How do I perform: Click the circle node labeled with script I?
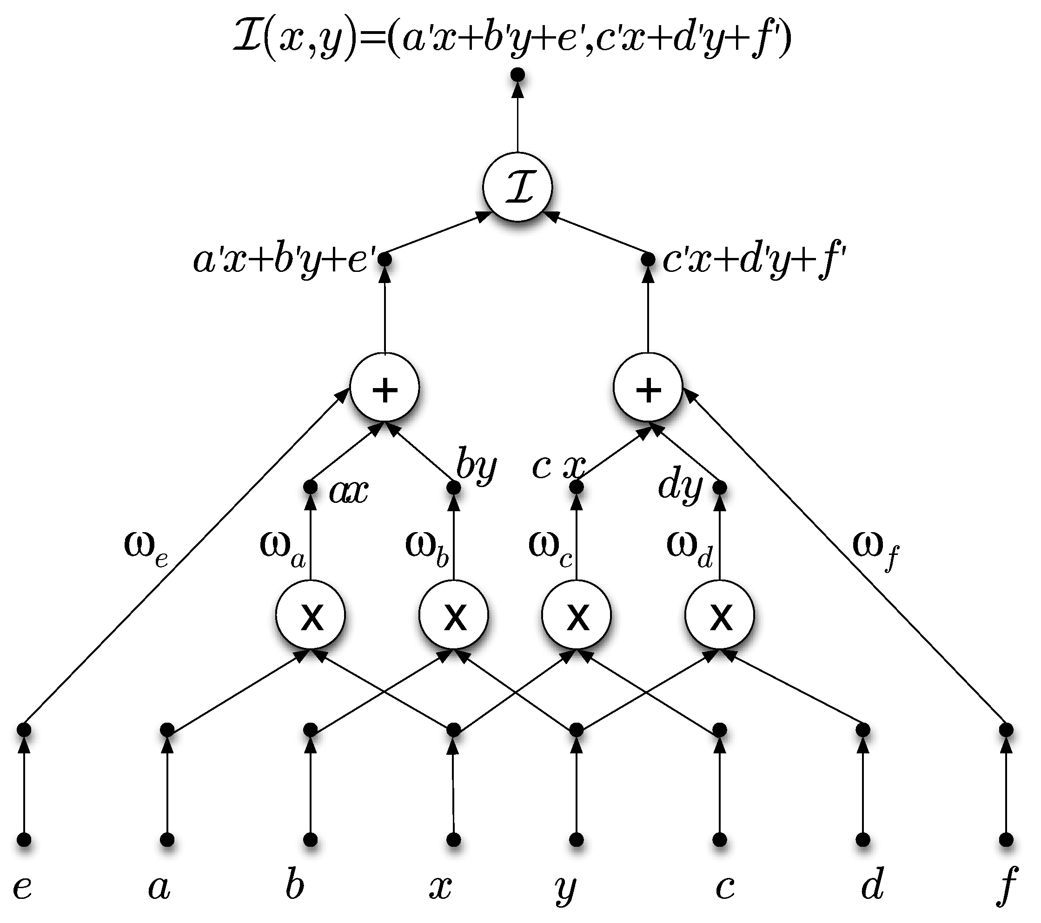[x=517, y=187]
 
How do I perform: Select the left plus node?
[x=385, y=388]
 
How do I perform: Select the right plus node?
[x=648, y=388]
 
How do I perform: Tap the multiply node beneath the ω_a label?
[x=311, y=614]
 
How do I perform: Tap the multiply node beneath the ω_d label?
[x=720, y=614]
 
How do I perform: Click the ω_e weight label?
[x=146, y=548]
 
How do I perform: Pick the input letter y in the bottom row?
[x=565, y=889]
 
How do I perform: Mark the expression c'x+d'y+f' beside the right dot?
[x=754, y=261]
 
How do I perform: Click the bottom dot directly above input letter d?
[x=863, y=839]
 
